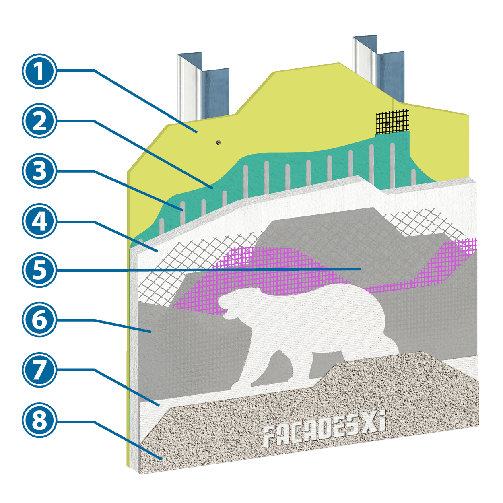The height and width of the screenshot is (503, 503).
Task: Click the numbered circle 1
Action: click(x=39, y=71)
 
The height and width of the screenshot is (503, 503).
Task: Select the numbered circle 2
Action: click(x=39, y=121)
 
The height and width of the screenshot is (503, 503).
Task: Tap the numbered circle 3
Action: click(x=39, y=171)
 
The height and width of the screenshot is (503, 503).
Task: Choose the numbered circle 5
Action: click(x=39, y=270)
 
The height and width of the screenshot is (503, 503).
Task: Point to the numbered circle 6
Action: click(x=39, y=320)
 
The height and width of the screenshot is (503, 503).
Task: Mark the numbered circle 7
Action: click(x=39, y=369)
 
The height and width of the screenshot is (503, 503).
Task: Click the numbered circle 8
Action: click(x=39, y=419)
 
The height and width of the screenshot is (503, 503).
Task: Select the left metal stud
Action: click(x=203, y=86)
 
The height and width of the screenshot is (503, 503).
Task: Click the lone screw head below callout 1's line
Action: click(x=218, y=142)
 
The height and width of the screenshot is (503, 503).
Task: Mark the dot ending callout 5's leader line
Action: click(x=361, y=268)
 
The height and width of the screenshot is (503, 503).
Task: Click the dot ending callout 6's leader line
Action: click(x=150, y=331)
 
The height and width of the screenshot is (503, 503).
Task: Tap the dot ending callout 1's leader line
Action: click(x=196, y=132)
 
